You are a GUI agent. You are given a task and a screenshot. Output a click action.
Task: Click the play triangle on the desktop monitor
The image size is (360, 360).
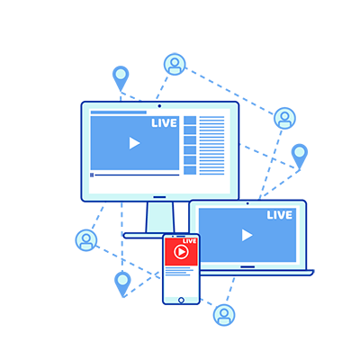coord(134,143)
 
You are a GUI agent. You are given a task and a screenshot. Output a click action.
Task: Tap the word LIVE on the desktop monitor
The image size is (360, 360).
coord(164,123)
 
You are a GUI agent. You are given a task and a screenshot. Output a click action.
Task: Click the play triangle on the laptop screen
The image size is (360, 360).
coord(247,235)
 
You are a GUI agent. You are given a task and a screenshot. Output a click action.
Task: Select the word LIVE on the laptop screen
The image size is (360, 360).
coord(280,215)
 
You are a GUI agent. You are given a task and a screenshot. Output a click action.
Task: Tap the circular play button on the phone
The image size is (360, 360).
coord(181,252)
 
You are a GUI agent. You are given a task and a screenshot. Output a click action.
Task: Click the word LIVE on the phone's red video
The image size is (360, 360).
coord(190,241)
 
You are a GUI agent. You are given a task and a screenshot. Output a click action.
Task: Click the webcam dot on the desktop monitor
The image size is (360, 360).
coord(159,106)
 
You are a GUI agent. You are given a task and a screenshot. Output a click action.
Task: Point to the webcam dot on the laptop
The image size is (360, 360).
coord(247,203)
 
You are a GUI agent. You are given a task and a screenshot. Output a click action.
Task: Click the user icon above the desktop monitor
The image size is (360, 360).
coord(175,65)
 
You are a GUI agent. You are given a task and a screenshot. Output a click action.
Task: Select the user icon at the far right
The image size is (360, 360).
coord(284,118)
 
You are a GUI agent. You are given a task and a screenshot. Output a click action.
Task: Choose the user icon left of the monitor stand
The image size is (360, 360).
coord(86,240)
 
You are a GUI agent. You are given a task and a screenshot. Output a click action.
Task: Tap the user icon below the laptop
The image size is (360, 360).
coord(224,315)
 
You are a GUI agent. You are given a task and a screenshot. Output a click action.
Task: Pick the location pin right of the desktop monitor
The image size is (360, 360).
coord(300,156)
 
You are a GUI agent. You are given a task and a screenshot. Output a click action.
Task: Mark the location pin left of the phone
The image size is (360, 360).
coord(122,283)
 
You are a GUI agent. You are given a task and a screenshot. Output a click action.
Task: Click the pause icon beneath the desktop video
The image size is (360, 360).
coord(92,175)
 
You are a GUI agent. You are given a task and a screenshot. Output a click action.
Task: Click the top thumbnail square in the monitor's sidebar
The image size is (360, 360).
coord(190,121)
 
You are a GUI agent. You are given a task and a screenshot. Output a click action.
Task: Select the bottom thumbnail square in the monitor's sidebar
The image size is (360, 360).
coord(190,170)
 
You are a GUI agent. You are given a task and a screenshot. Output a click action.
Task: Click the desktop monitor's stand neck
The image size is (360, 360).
coord(160,217)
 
